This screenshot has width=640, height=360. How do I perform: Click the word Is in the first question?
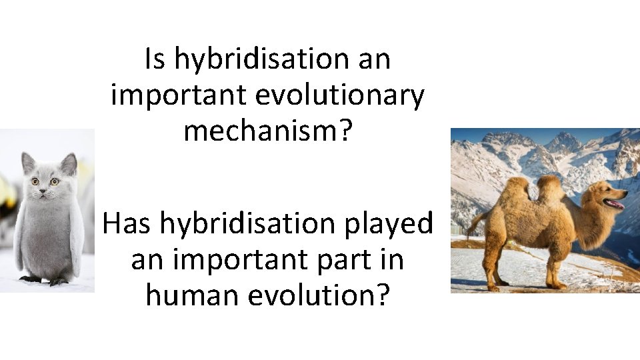tap(155, 60)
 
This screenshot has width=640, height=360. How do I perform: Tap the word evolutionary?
tap(340, 95)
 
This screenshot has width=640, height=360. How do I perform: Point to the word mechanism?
tap(262, 131)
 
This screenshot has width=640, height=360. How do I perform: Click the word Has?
tap(129, 224)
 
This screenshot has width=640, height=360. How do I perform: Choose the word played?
tap(389, 224)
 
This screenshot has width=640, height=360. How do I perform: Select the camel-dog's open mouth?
tap(614, 204)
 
